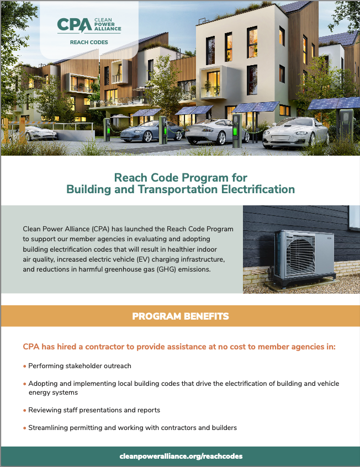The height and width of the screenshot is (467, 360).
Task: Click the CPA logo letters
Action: click(x=74, y=25)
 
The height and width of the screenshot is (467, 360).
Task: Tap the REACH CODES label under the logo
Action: click(x=89, y=42)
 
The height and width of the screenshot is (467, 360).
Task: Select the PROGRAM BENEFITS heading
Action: click(x=180, y=316)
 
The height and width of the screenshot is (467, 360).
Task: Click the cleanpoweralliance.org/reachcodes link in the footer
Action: click(x=180, y=457)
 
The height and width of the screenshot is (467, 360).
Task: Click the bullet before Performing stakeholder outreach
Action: click(x=24, y=366)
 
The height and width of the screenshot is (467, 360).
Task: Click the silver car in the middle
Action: click(x=209, y=131)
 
